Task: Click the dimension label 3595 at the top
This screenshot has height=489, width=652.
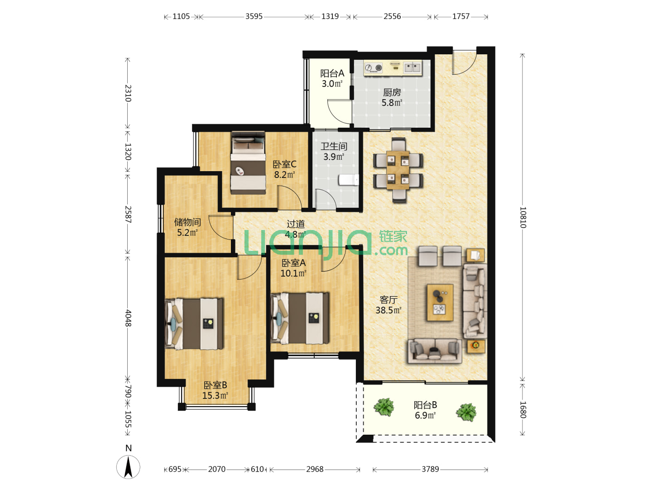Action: pos(254,16)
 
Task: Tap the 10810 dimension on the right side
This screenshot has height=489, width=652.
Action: pos(523,217)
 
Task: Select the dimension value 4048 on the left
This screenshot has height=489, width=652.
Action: pos(128,318)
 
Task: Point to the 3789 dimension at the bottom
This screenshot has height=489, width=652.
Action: pos(430,469)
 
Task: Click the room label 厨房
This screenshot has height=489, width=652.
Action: pos(392,93)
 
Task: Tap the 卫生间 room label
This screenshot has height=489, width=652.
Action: pos(334,146)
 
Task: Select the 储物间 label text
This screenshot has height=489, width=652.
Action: pos(187,222)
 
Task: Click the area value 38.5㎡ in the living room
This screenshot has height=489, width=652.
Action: pos(388,310)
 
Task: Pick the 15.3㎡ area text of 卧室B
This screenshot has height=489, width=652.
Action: pos(215,395)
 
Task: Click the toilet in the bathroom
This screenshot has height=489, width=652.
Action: pos(349,180)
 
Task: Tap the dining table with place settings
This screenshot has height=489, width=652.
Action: pos(398,170)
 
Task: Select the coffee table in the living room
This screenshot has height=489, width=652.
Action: pos(440,302)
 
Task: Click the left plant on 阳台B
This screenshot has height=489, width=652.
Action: pos(384,407)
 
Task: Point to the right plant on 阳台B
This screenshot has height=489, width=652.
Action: pos(466,412)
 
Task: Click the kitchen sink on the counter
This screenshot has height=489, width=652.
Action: pos(412,67)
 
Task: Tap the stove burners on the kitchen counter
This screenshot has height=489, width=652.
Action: pos(374,68)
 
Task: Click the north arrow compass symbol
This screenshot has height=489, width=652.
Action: pos(128,467)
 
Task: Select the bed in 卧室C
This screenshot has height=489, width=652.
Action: pos(248,163)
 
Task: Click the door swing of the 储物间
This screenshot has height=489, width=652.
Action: pos(221,227)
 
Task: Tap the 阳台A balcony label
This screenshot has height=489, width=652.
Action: pos(332,73)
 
